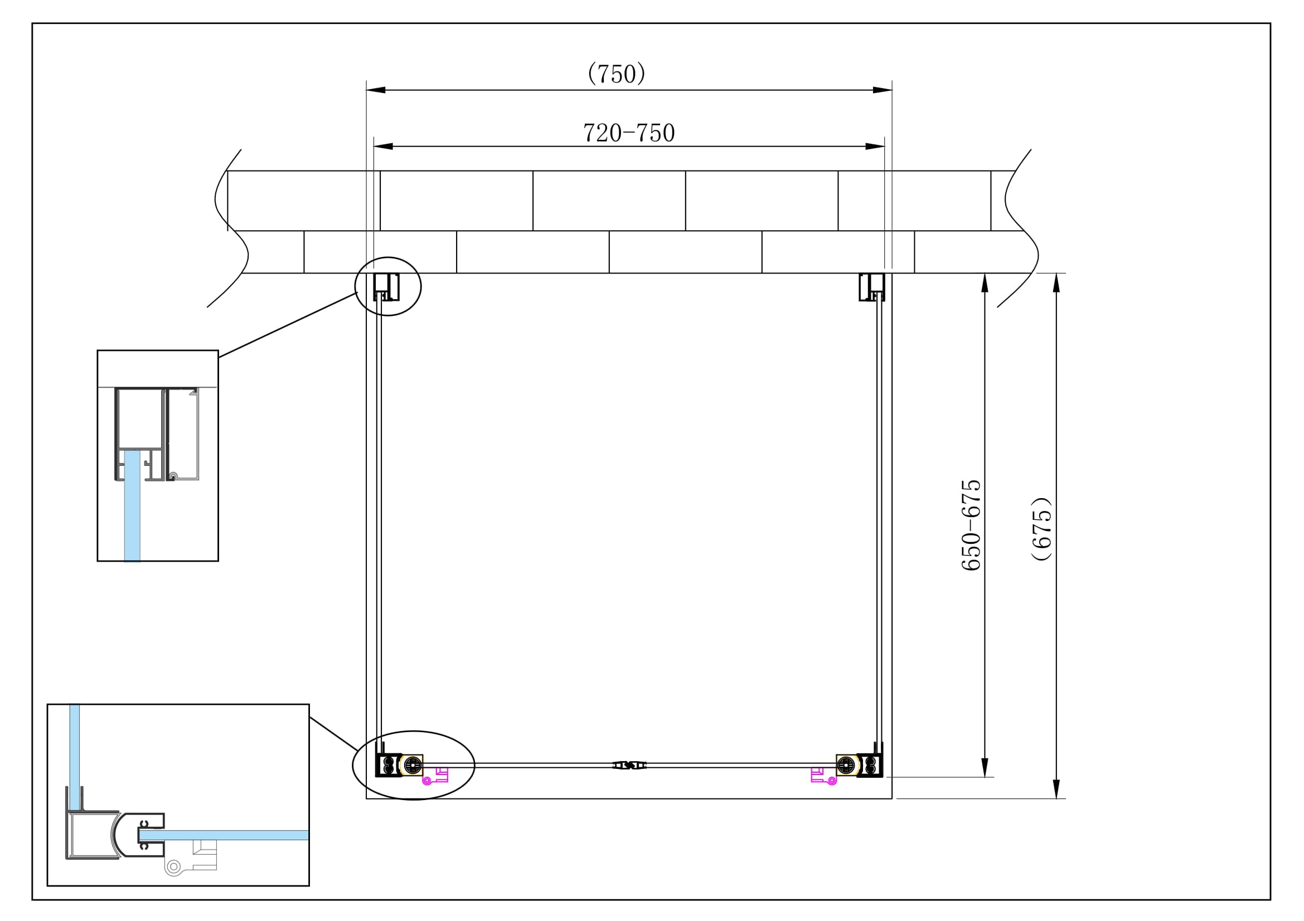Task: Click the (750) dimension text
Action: click(x=616, y=74)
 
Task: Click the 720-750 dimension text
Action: click(x=629, y=133)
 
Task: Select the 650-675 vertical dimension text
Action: click(x=971, y=525)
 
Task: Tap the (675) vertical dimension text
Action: click(x=1042, y=529)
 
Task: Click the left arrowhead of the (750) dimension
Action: click(x=376, y=90)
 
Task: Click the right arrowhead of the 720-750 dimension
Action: click(x=875, y=147)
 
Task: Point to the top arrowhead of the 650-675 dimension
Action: click(x=985, y=282)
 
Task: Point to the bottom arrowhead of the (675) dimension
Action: click(x=1056, y=789)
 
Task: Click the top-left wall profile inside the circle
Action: click(x=386, y=287)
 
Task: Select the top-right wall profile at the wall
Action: click(x=872, y=287)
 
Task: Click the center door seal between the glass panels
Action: click(x=629, y=766)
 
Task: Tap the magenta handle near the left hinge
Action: click(x=437, y=776)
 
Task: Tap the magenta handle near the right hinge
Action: click(x=822, y=776)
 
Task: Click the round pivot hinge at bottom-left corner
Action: click(x=413, y=766)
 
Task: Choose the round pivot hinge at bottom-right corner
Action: click(x=846, y=766)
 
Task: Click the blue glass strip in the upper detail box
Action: click(x=132, y=505)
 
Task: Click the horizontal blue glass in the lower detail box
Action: click(x=227, y=835)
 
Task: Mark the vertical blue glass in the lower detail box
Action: click(x=74, y=749)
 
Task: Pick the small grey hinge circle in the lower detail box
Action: click(x=173, y=866)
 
